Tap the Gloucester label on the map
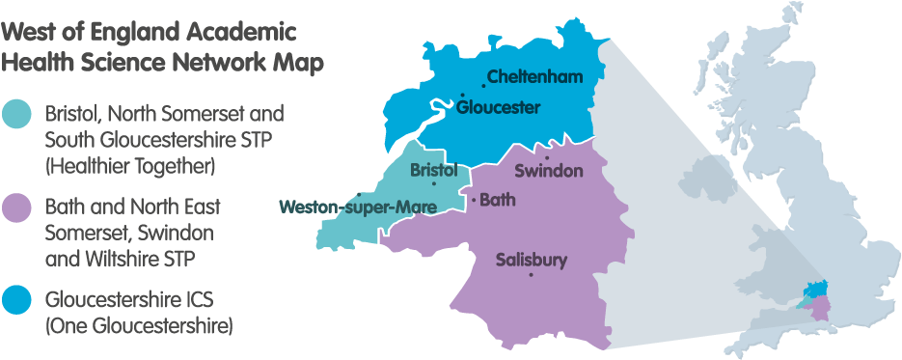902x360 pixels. coord(498,107)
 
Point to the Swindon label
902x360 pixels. coord(549,171)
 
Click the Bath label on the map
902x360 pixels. coord(498,201)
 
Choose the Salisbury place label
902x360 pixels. coord(531,260)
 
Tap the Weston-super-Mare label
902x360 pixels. coord(356,206)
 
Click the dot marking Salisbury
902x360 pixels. coord(531,275)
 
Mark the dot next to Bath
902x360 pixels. coord(474,200)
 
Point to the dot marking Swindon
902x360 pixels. coord(547,157)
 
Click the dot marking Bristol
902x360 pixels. coord(434,183)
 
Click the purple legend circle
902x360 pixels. coord(17,208)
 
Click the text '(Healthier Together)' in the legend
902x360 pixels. coord(129,166)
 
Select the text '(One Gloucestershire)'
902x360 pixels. coord(139,326)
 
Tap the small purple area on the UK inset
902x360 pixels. coord(821,309)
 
